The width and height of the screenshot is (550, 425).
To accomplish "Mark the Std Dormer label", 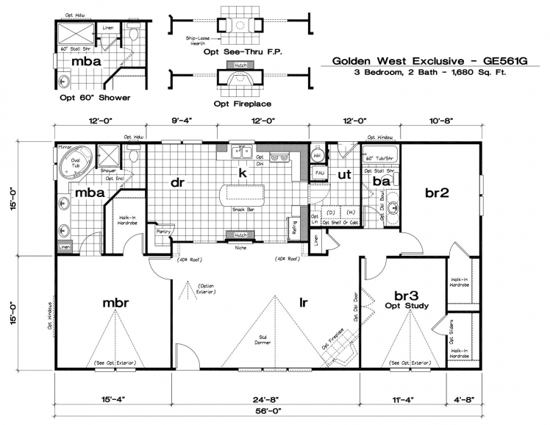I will coord(262,343).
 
